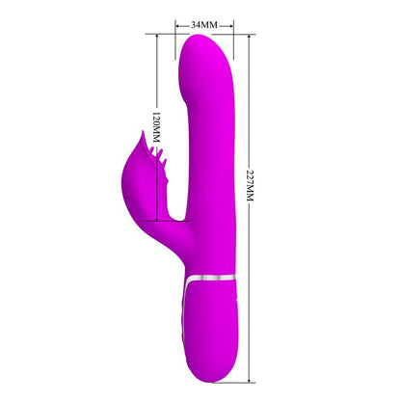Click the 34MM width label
pyautogui.click(x=203, y=21)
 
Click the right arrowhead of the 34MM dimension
pyautogui.click(x=228, y=21)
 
